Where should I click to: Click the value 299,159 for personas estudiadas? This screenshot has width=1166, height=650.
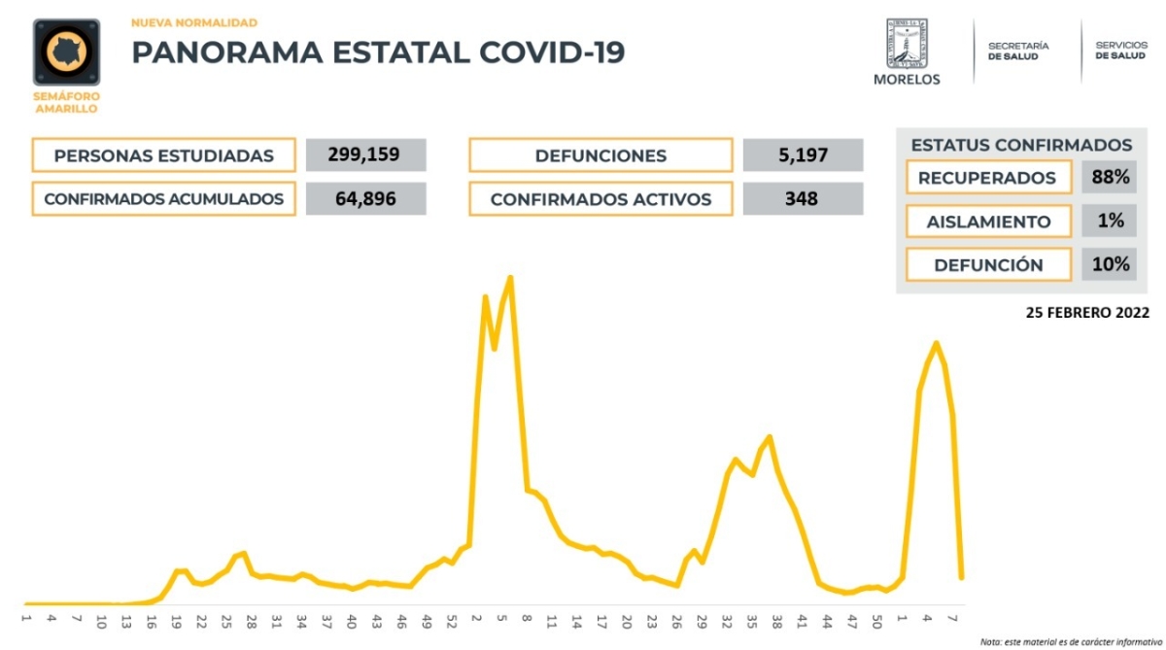(x=364, y=154)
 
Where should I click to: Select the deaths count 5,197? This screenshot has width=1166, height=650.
(x=802, y=154)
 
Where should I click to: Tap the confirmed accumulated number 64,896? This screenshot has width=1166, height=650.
(x=364, y=198)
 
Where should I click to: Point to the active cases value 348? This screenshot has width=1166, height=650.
(x=802, y=198)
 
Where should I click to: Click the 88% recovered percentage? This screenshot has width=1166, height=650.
(x=1109, y=178)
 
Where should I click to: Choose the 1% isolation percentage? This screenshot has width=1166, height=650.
(x=1109, y=222)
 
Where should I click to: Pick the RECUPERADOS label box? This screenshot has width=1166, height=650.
(x=987, y=179)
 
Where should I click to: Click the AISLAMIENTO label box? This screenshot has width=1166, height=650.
(x=987, y=222)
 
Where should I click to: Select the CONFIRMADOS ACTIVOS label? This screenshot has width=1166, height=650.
(x=600, y=199)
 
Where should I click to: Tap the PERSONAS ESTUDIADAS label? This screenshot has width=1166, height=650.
(x=163, y=155)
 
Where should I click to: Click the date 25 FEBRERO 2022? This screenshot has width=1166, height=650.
(x=1087, y=313)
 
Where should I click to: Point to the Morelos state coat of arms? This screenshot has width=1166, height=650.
(x=907, y=44)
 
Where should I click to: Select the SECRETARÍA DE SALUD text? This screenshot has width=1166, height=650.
(x=1018, y=51)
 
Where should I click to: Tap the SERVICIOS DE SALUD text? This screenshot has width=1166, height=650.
(x=1120, y=51)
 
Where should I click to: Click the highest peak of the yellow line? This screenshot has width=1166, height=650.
(x=510, y=278)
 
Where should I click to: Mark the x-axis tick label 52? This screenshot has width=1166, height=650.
(x=451, y=619)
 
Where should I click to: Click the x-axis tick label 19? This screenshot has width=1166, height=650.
(x=176, y=619)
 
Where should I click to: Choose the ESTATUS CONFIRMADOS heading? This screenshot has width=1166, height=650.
(x=1021, y=145)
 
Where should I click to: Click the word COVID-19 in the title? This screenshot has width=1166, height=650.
(x=551, y=52)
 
